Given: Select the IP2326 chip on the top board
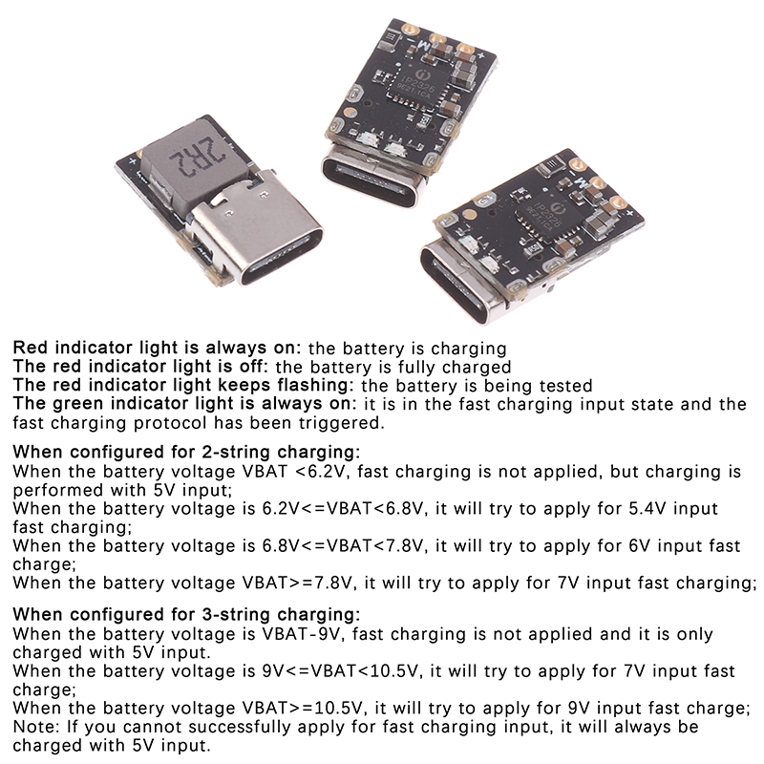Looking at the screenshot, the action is point(415,88).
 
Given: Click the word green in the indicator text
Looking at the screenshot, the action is point(78,404).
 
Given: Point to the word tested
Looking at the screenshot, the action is point(565,386).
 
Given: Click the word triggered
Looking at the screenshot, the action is point(340,423).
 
